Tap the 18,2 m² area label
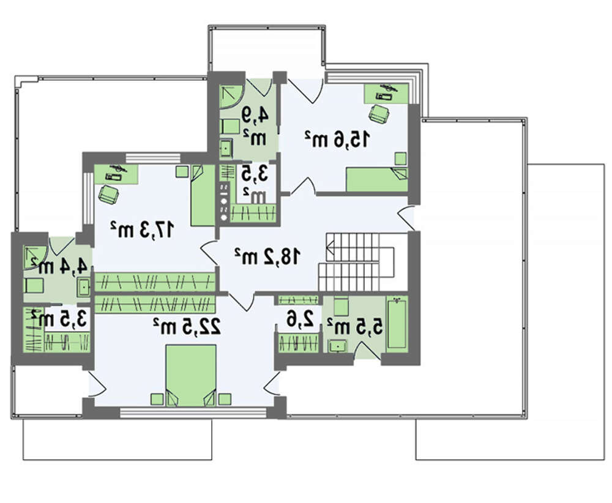coord(268,256)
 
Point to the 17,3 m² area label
coord(141,229)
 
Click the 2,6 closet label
coord(300,319)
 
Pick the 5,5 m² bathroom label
coord(354,326)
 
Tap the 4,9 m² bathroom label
coord(256,127)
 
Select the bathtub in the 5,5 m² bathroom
coord(397,323)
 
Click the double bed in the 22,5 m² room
coord(191,375)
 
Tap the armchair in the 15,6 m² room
coord(379,113)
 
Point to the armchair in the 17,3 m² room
coord(108,194)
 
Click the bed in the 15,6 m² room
coord(377,179)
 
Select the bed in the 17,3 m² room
coord(203,195)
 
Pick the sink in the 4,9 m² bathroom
coord(226,147)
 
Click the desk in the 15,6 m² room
coord(386,93)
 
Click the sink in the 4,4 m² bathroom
coord(84,287)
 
